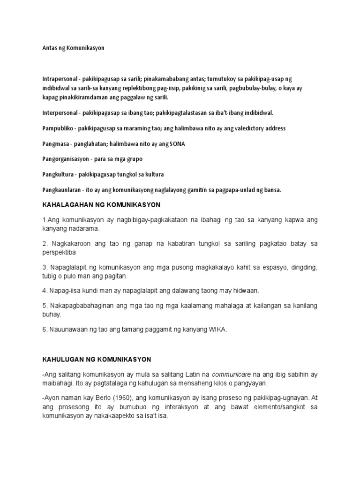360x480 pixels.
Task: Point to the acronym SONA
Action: [177, 143]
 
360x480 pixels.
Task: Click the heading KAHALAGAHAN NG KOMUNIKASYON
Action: [101, 205]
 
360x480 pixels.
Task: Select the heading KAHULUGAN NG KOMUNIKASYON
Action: [97, 360]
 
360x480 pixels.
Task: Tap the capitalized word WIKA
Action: [218, 330]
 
